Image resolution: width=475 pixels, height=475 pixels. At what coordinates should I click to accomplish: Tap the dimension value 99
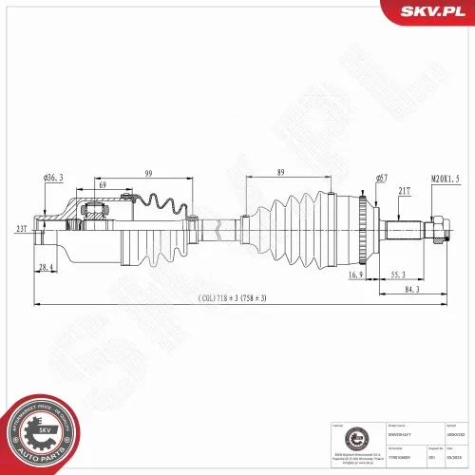point(149,174)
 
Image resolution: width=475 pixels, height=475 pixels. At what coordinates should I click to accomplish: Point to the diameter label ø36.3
point(53,179)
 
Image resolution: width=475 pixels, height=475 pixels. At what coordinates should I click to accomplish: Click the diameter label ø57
point(381,179)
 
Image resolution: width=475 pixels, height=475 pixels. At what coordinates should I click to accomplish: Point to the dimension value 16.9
point(355,275)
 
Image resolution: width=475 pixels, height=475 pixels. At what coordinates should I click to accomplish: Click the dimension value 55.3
point(400,275)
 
